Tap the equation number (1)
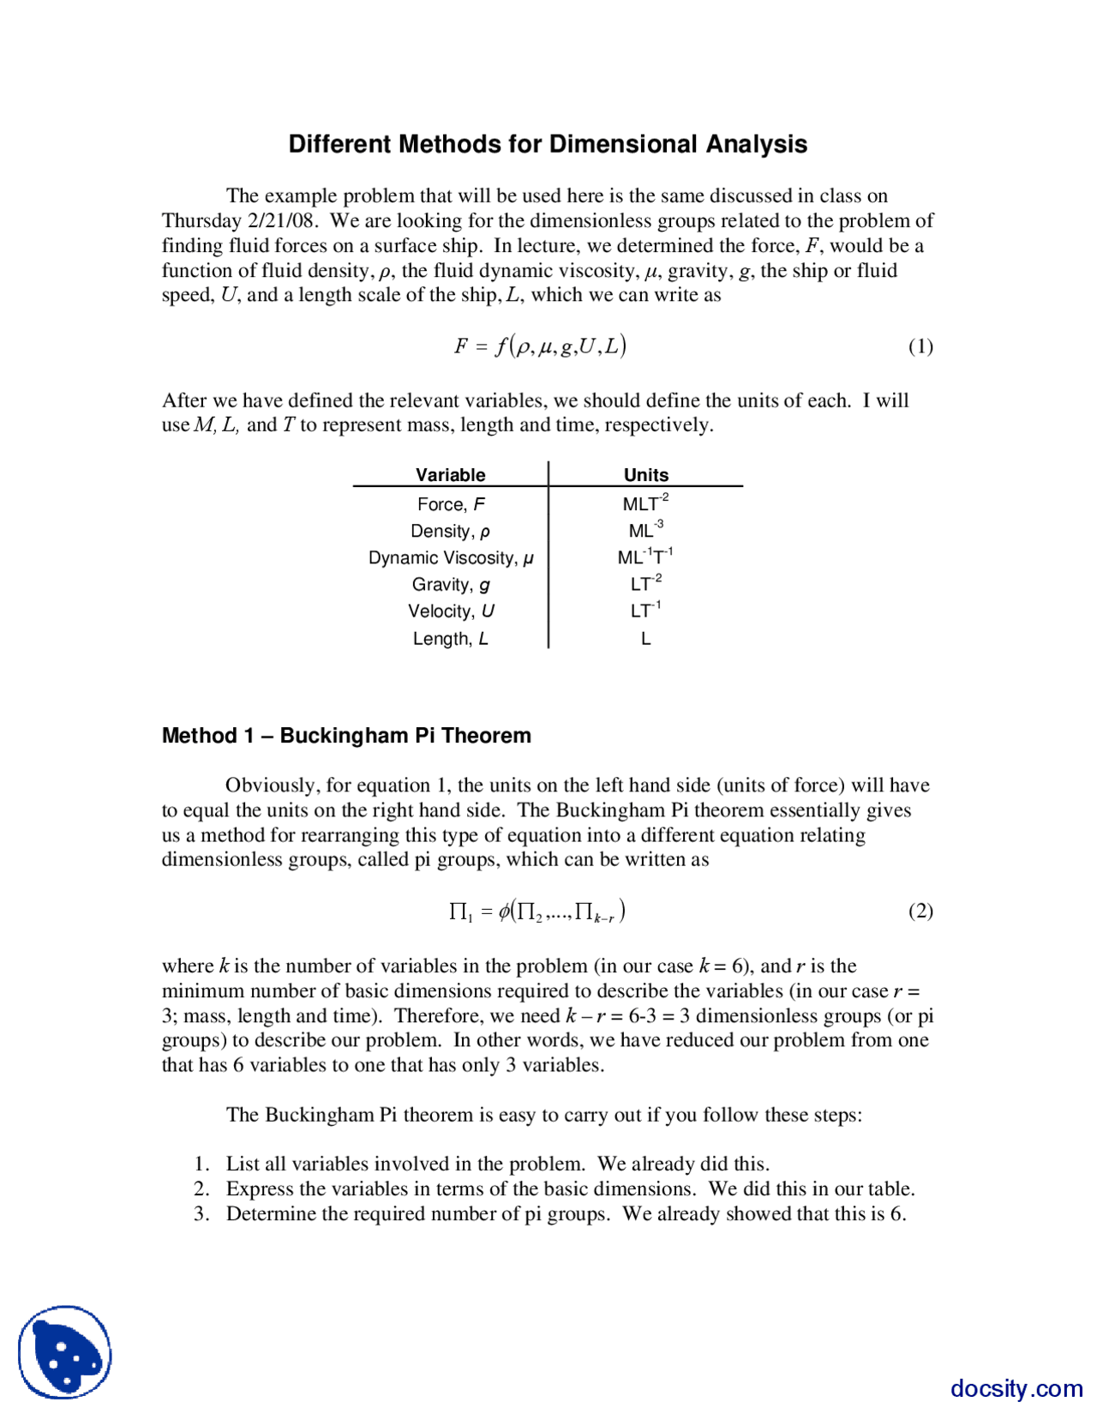click(x=920, y=346)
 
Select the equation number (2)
click(x=920, y=911)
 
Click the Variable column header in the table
click(x=450, y=475)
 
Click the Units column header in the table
click(x=645, y=475)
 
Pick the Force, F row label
click(x=451, y=504)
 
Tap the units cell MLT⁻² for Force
click(x=645, y=503)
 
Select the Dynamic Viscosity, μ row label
click(x=451, y=558)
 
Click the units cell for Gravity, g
click(x=645, y=584)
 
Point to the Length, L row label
click(x=451, y=639)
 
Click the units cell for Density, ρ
click(x=645, y=530)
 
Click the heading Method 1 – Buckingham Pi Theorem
click(x=346, y=736)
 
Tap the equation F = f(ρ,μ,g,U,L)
click(x=540, y=346)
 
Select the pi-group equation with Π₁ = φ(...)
click(x=537, y=911)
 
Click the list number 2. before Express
click(x=201, y=1188)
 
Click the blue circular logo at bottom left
click(x=65, y=1352)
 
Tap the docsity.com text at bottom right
click(x=1016, y=1388)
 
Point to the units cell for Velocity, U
click(x=645, y=611)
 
